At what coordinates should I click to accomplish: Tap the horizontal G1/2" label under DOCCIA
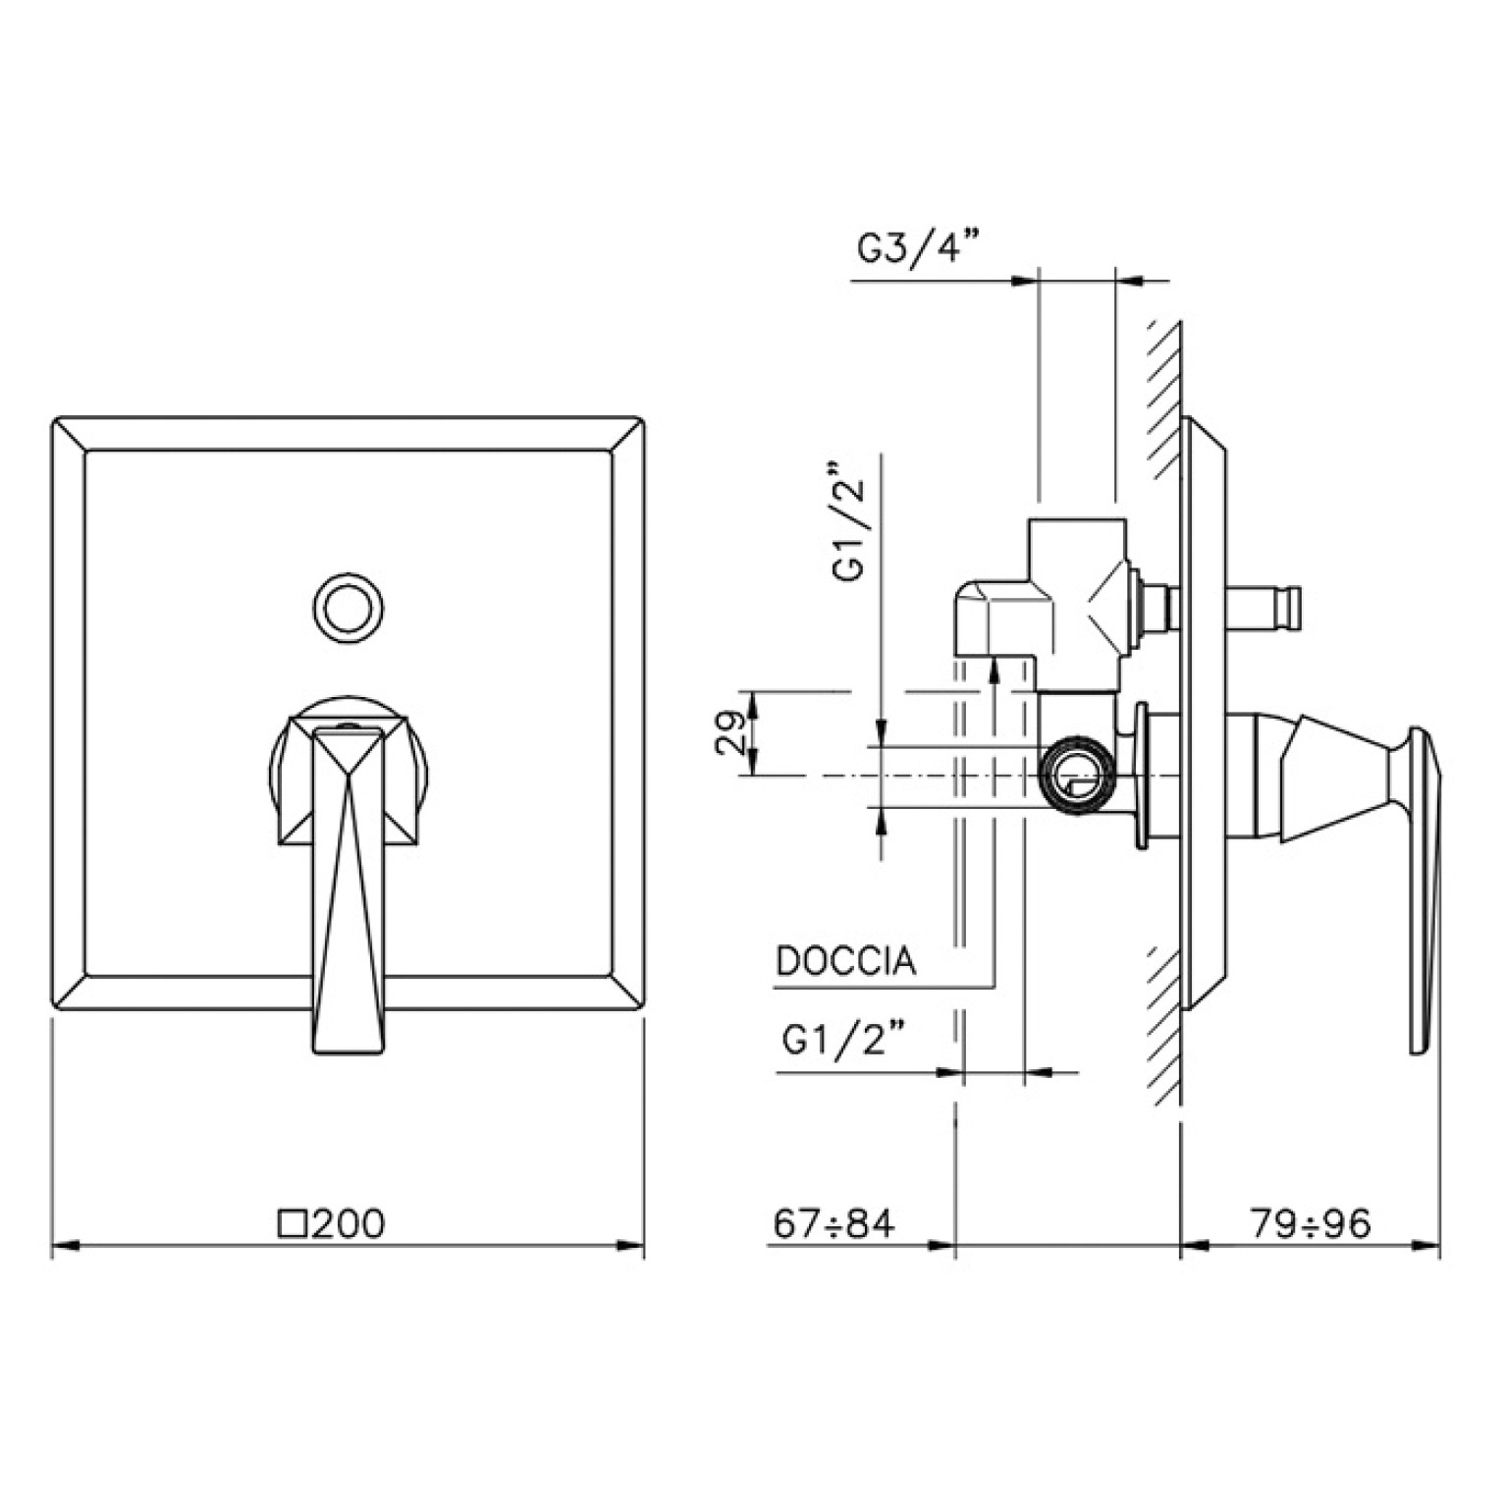pyautogui.click(x=843, y=1039)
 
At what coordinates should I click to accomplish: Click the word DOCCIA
pyautogui.click(x=846, y=961)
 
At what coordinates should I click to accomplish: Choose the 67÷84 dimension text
pyautogui.click(x=834, y=1223)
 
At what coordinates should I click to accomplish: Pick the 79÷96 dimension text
pyautogui.click(x=1311, y=1223)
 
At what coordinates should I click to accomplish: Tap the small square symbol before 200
pyautogui.click(x=293, y=1224)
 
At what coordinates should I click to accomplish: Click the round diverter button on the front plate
pyautogui.click(x=348, y=609)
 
